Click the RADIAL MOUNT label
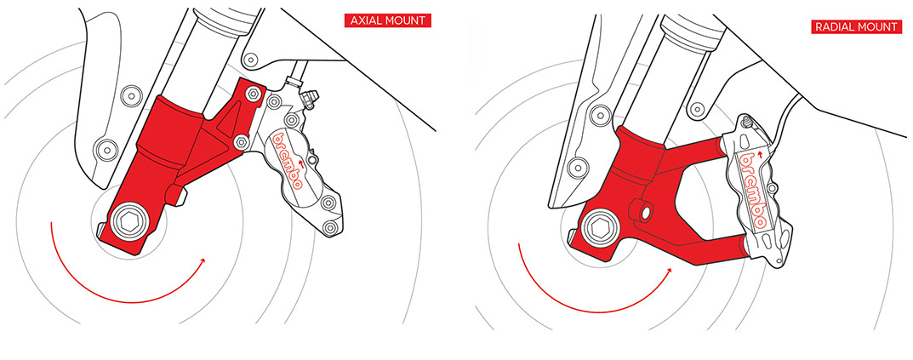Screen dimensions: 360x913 [x=855, y=26]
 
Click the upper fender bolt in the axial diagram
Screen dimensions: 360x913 [x=128, y=92]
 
